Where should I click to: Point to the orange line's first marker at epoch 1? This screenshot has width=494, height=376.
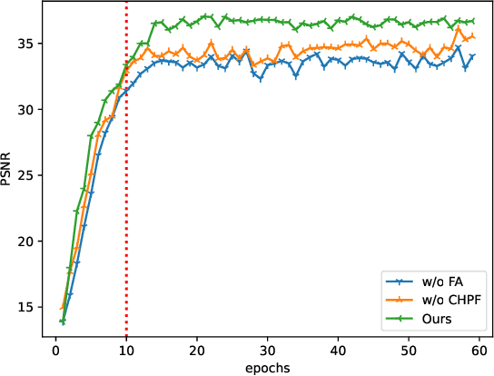pyautogui.click(x=63, y=309)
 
